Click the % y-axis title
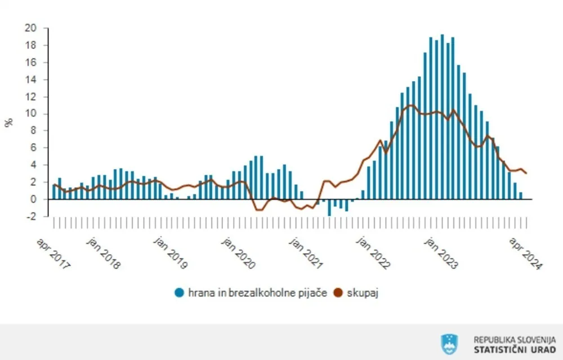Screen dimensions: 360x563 click(x=9, y=123)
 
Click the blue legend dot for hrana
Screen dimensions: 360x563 click(x=180, y=292)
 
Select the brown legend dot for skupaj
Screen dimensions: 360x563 click(x=338, y=292)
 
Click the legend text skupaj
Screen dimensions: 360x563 click(x=362, y=292)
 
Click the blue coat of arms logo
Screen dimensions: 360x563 click(x=449, y=344)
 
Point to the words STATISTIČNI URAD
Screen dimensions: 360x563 click(x=515, y=350)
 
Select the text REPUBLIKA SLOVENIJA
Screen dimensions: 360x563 click(x=515, y=340)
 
